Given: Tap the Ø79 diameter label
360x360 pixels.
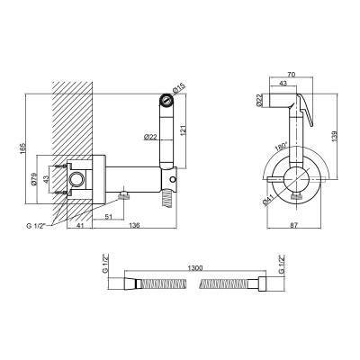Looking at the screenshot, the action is pyautogui.click(x=33, y=179).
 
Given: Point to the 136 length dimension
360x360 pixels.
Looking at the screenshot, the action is pyautogui.click(x=135, y=226).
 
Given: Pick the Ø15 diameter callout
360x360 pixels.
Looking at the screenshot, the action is pyautogui.click(x=179, y=89).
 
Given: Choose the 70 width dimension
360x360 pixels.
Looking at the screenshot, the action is pyautogui.click(x=292, y=75).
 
